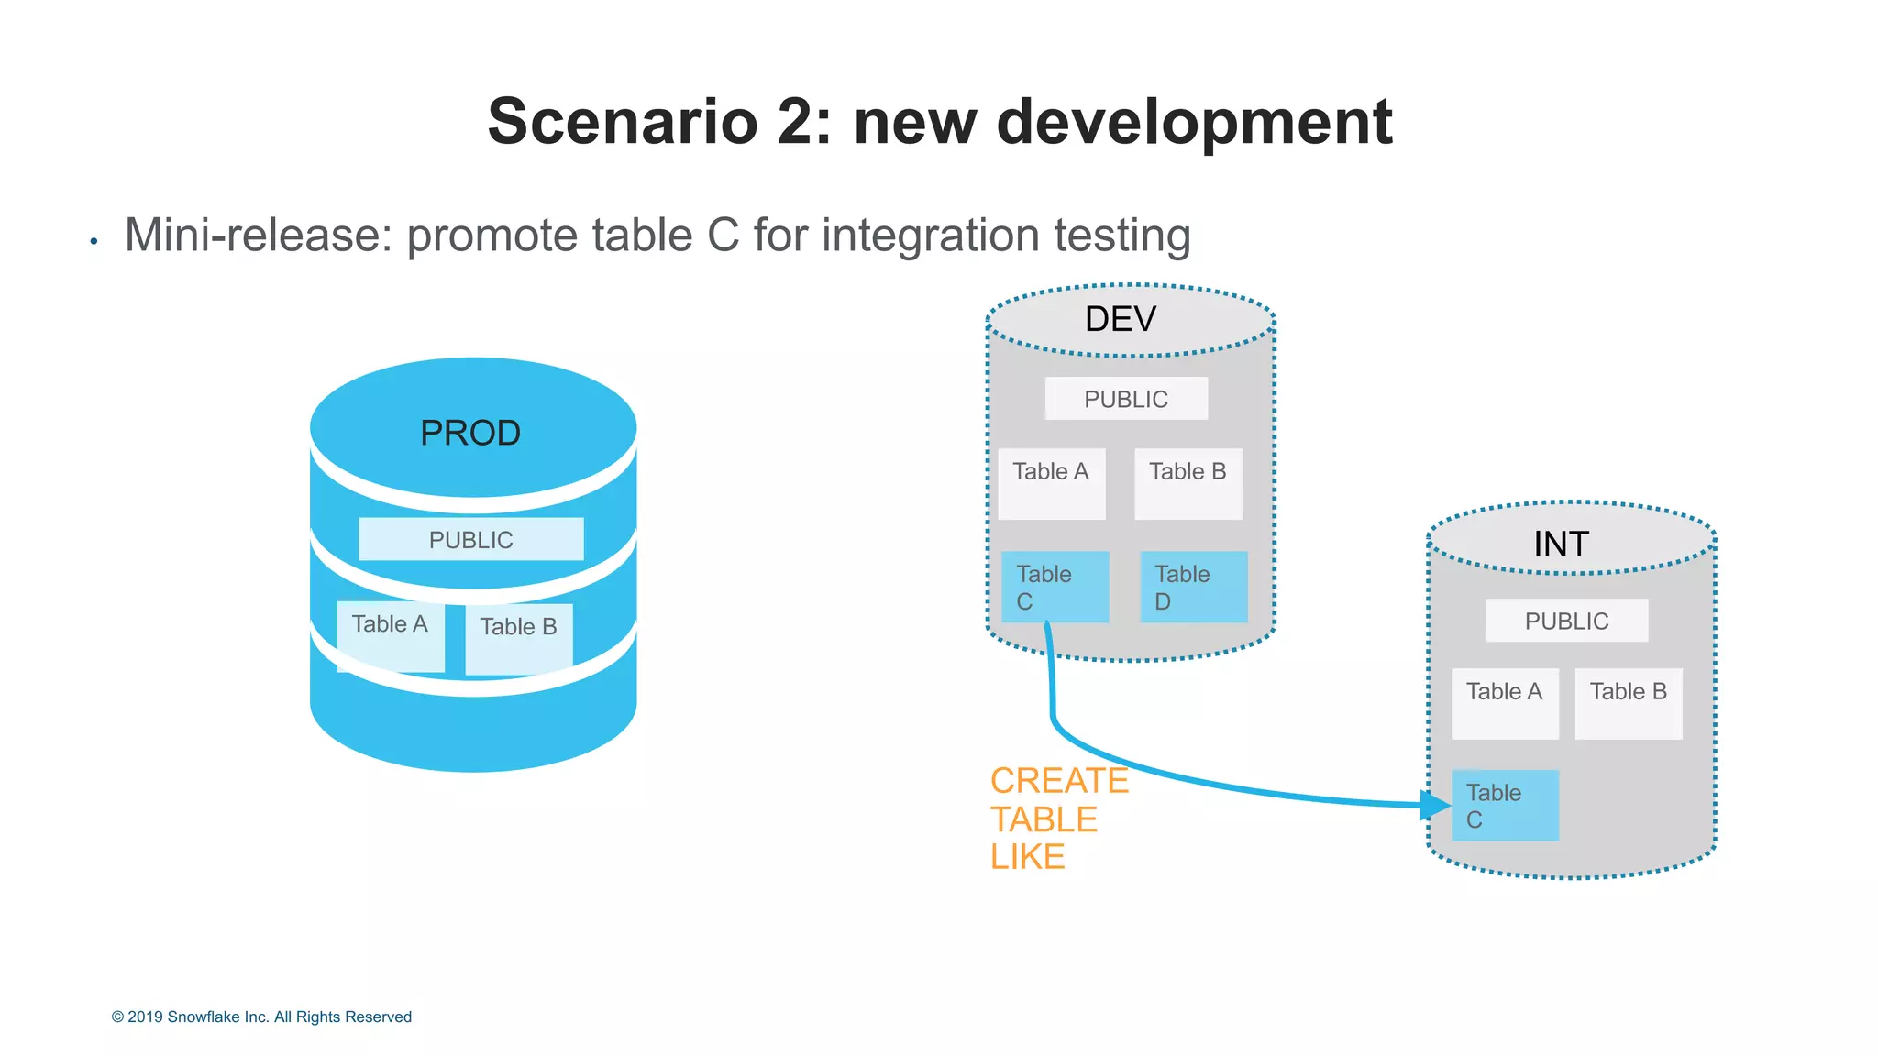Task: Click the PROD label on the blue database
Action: coord(470,433)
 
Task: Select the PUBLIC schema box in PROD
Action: coord(470,539)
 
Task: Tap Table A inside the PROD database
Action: coord(391,636)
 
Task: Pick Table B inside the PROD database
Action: coord(519,638)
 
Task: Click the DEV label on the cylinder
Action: coord(1121,319)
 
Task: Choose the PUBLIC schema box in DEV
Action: coord(1126,399)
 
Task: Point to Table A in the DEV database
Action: coord(1052,483)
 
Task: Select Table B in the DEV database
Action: coord(1188,483)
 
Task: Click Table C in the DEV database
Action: coord(1055,587)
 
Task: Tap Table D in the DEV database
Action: coord(1193,587)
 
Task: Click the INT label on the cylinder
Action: coord(1561,544)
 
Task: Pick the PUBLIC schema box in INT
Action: coord(1566,621)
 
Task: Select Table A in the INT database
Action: coord(1505,703)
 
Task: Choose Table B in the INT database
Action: coord(1629,703)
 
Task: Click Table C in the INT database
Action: coord(1505,806)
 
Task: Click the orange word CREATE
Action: coord(1059,781)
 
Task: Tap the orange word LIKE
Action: coord(1027,857)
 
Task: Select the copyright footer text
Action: coord(261,1017)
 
